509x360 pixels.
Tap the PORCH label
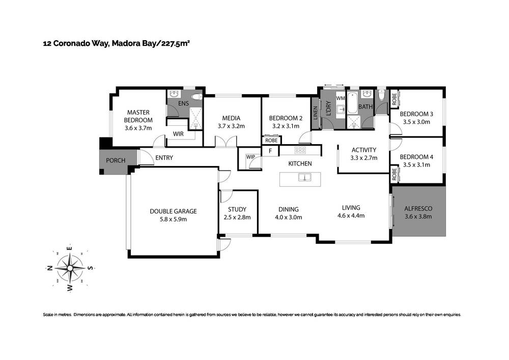[x=116, y=161]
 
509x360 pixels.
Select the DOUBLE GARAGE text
[x=173, y=211]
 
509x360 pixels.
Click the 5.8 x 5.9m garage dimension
[x=173, y=219]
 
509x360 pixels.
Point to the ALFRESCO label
[x=417, y=208]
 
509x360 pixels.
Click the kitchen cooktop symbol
[x=300, y=150]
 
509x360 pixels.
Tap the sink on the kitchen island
[x=304, y=178]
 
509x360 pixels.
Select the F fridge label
[x=270, y=151]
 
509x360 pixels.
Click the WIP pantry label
[x=250, y=157]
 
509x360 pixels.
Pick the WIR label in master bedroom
[x=178, y=134]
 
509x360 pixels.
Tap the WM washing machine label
[x=341, y=98]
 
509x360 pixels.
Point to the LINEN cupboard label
[x=316, y=113]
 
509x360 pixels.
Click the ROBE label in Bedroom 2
[x=271, y=140]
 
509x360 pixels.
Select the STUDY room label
[x=237, y=209]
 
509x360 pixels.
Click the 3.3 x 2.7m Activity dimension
[x=363, y=158]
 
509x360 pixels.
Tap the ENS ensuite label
[x=183, y=104]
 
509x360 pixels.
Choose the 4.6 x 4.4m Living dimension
[x=351, y=215]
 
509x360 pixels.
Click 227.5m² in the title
[x=176, y=44]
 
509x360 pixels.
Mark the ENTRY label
[x=164, y=158]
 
